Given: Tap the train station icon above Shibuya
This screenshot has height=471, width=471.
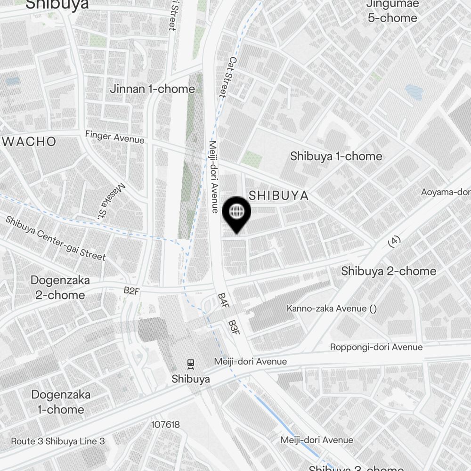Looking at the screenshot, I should coord(191,364).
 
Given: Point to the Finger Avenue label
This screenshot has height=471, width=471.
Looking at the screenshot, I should coord(114,137).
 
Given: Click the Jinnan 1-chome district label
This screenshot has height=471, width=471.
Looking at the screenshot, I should coord(152,89).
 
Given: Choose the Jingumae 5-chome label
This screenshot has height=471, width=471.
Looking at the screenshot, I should coord(391,11).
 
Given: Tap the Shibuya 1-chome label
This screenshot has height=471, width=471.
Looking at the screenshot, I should coord(336,156).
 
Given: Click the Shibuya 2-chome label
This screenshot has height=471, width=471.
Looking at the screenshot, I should coord(389,271).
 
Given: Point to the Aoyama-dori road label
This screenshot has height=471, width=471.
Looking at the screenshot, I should coord(446,192).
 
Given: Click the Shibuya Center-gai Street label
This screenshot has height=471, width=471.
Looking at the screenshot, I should coord(56,238).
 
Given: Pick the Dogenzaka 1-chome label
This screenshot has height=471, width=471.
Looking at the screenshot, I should coord(61,402).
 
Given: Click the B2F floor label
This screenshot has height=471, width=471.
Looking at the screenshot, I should coord(131,291).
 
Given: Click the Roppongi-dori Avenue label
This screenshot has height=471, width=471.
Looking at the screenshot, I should coord(376,347).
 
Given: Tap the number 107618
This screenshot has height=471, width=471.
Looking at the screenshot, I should coord(165,424).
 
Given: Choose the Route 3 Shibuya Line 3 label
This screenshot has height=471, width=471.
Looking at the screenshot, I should coord(57,441).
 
